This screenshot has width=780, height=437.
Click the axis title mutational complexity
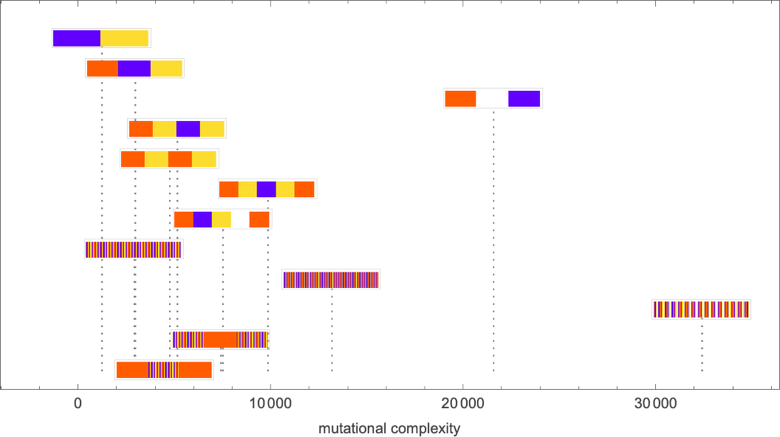[x=389, y=429]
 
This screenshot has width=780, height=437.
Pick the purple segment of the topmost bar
[x=77, y=38]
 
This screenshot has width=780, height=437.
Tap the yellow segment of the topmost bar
[x=125, y=38]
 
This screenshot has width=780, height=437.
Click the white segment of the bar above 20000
[x=492, y=98]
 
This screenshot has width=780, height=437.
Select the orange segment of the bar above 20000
[x=460, y=98]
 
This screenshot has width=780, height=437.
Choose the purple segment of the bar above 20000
[x=524, y=98]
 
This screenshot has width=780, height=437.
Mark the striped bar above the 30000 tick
[x=700, y=309]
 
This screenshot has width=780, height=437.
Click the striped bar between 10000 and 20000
[x=330, y=279]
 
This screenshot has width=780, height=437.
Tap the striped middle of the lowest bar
[x=163, y=369]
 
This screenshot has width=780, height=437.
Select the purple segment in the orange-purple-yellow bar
[x=134, y=69]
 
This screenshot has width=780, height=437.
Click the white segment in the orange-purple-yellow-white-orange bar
[x=240, y=219]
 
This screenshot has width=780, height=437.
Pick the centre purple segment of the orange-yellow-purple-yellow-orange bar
[x=266, y=189]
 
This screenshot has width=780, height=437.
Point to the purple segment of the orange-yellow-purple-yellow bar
[x=188, y=129]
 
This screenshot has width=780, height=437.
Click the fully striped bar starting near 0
[x=133, y=250]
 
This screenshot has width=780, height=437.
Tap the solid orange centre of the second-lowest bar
[x=220, y=340]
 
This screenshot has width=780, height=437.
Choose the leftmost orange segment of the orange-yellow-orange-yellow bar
[x=133, y=159]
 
